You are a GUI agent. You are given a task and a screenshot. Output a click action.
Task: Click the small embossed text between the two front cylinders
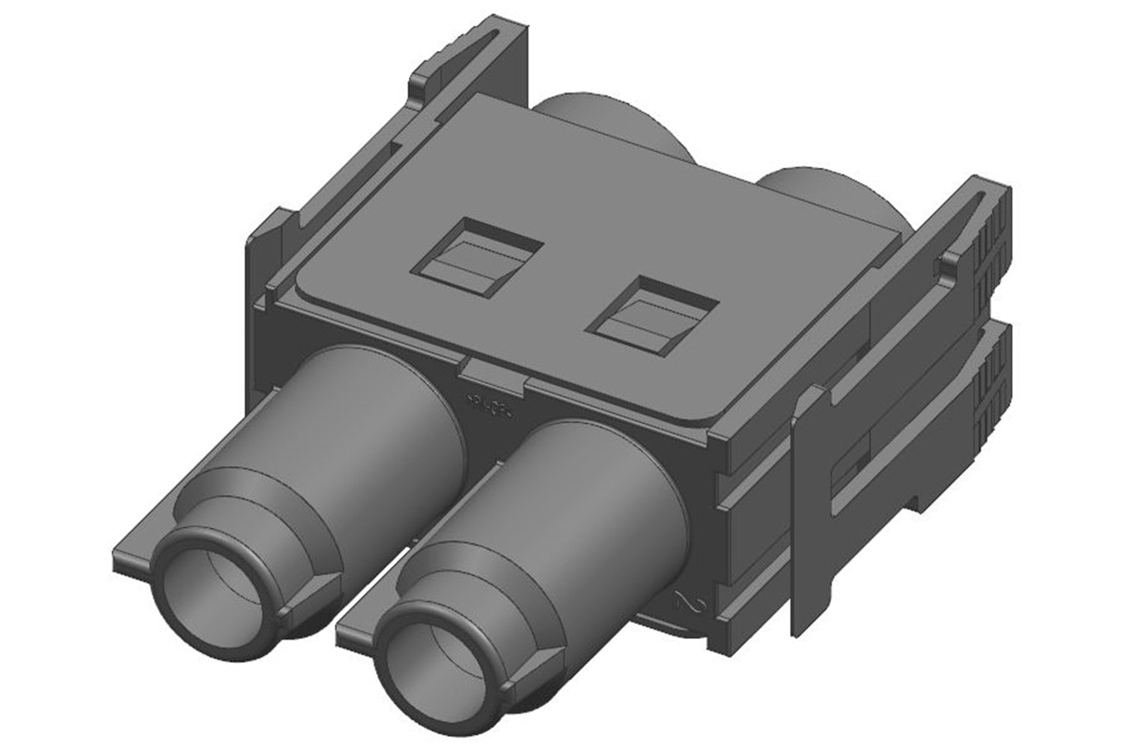tap(487, 404)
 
